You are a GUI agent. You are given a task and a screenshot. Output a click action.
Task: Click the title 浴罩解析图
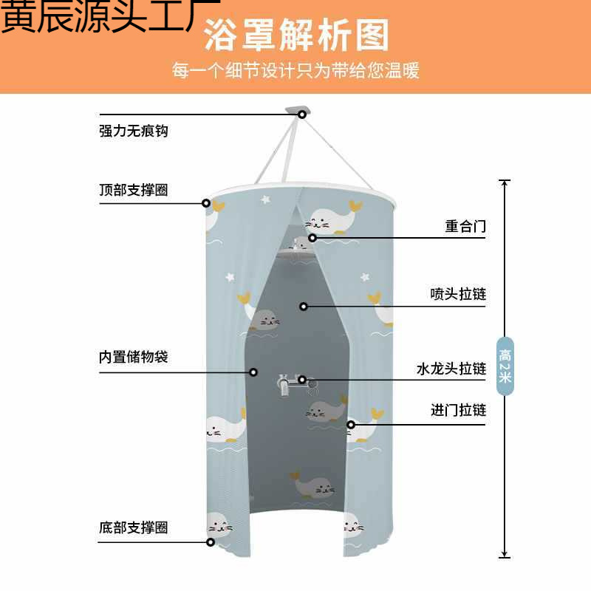click(x=296, y=35)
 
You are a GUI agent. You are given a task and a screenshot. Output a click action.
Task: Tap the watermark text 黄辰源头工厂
click(x=110, y=16)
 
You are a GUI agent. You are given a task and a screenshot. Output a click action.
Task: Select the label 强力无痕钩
click(x=134, y=131)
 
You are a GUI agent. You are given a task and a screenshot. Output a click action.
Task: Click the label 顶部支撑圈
click(x=134, y=190)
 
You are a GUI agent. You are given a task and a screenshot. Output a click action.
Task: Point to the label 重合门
click(x=465, y=226)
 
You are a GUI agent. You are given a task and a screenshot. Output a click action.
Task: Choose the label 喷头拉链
click(x=458, y=294)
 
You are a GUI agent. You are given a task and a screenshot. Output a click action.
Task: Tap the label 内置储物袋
click(x=134, y=357)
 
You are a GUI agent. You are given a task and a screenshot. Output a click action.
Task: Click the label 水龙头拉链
click(x=451, y=369)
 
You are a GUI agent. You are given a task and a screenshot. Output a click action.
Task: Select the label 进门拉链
click(x=458, y=410)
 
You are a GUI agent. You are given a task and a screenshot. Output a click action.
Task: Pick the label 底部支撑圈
click(x=134, y=527)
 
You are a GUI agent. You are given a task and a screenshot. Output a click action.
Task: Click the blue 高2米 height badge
click(x=505, y=366)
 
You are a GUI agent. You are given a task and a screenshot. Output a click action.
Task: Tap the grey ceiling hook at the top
click(x=298, y=111)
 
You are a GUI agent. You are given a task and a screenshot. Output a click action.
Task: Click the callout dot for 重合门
click(x=312, y=238)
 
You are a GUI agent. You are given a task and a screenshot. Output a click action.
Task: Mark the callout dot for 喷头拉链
click(x=304, y=307)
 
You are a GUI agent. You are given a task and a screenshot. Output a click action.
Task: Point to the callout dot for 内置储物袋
click(x=253, y=372)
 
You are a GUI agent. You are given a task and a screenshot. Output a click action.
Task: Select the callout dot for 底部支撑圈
click(x=211, y=542)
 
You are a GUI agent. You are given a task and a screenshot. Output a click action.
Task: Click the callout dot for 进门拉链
click(x=351, y=425)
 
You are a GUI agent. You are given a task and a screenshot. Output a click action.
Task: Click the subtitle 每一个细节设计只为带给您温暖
click(x=296, y=70)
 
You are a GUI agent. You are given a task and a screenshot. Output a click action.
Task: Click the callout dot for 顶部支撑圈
click(x=206, y=204)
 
